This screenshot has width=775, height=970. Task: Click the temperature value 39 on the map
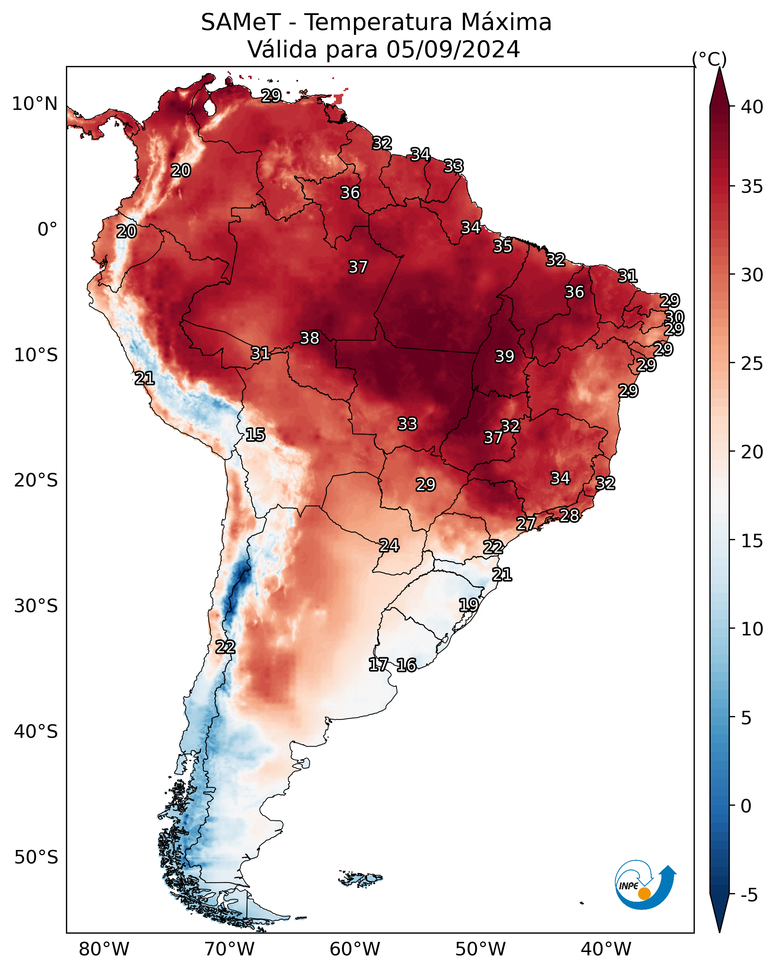(504, 356)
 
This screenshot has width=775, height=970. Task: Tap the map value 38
(309, 338)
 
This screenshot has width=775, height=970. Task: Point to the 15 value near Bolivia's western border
(255, 435)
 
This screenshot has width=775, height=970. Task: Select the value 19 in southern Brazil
(468, 605)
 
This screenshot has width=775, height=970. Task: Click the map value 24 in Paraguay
(388, 545)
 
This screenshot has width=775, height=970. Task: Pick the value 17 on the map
(378, 665)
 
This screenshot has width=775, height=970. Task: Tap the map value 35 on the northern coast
(502, 246)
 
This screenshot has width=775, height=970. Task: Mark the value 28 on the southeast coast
(569, 515)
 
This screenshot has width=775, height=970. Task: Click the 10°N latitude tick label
(34, 104)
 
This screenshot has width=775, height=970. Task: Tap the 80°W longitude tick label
(104, 949)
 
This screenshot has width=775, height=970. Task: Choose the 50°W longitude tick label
(480, 949)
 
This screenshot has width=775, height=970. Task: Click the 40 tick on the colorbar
(752, 107)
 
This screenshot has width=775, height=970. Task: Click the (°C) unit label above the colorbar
(709, 59)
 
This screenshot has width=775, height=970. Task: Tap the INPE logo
(645, 886)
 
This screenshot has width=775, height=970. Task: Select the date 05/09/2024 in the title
(453, 49)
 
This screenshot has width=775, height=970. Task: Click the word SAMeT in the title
(241, 22)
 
